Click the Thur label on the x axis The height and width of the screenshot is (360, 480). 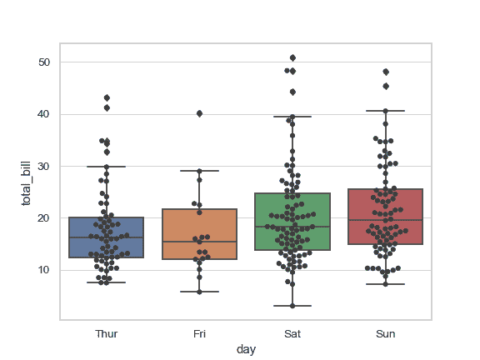tap(106, 333)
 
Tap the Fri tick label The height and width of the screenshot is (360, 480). tap(199, 333)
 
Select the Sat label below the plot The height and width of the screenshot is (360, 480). tap(292, 333)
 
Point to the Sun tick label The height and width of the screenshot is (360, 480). tap(385, 333)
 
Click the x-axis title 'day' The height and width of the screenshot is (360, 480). tap(246, 350)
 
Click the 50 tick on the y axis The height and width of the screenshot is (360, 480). tap(44, 62)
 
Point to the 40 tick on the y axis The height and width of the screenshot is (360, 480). tap(44, 114)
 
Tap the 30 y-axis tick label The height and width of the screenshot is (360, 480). tap(44, 166)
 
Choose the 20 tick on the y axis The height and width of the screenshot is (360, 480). tap(44, 218)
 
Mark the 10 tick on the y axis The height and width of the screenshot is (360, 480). tap(44, 270)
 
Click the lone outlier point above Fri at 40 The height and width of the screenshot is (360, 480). tap(199, 113)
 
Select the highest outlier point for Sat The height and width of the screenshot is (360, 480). tap(292, 57)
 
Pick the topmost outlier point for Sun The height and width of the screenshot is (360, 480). tap(386, 72)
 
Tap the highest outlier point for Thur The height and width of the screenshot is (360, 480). tap(107, 97)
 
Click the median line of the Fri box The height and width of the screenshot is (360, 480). tap(199, 242)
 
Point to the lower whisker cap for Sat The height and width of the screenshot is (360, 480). tap(292, 306)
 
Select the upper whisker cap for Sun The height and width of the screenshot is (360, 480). tap(386, 111)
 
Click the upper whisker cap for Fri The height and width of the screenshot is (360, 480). tap(199, 171)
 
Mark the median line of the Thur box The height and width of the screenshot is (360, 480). tap(106, 237)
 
